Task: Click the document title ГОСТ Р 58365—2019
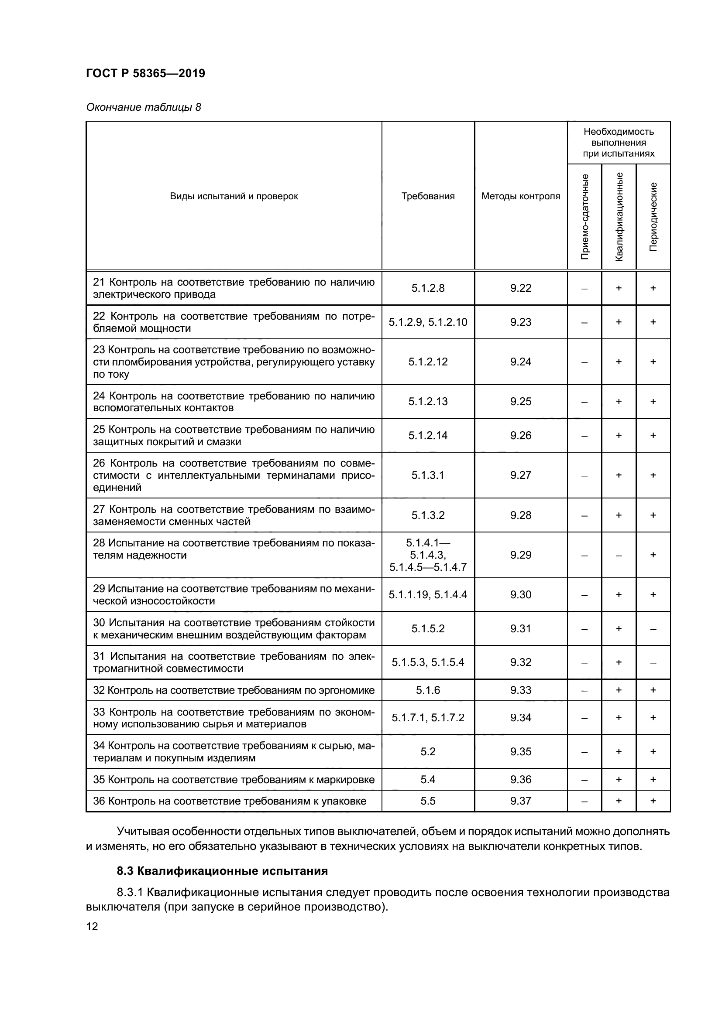[145, 73]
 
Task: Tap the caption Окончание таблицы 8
[143, 107]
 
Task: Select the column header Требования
[428, 196]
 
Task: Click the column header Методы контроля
[521, 196]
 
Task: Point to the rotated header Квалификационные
[619, 216]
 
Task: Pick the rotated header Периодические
[653, 216]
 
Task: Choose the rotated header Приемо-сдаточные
[584, 216]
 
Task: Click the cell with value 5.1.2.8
[428, 288]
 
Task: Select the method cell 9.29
[521, 555]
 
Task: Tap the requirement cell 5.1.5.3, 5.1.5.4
[428, 662]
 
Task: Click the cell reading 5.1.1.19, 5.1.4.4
[428, 594]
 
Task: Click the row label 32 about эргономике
[234, 690]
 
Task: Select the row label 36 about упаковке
[230, 801]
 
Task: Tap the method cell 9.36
[521, 779]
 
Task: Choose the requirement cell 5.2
[428, 751]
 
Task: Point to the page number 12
[92, 926]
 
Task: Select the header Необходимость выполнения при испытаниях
[619, 143]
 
